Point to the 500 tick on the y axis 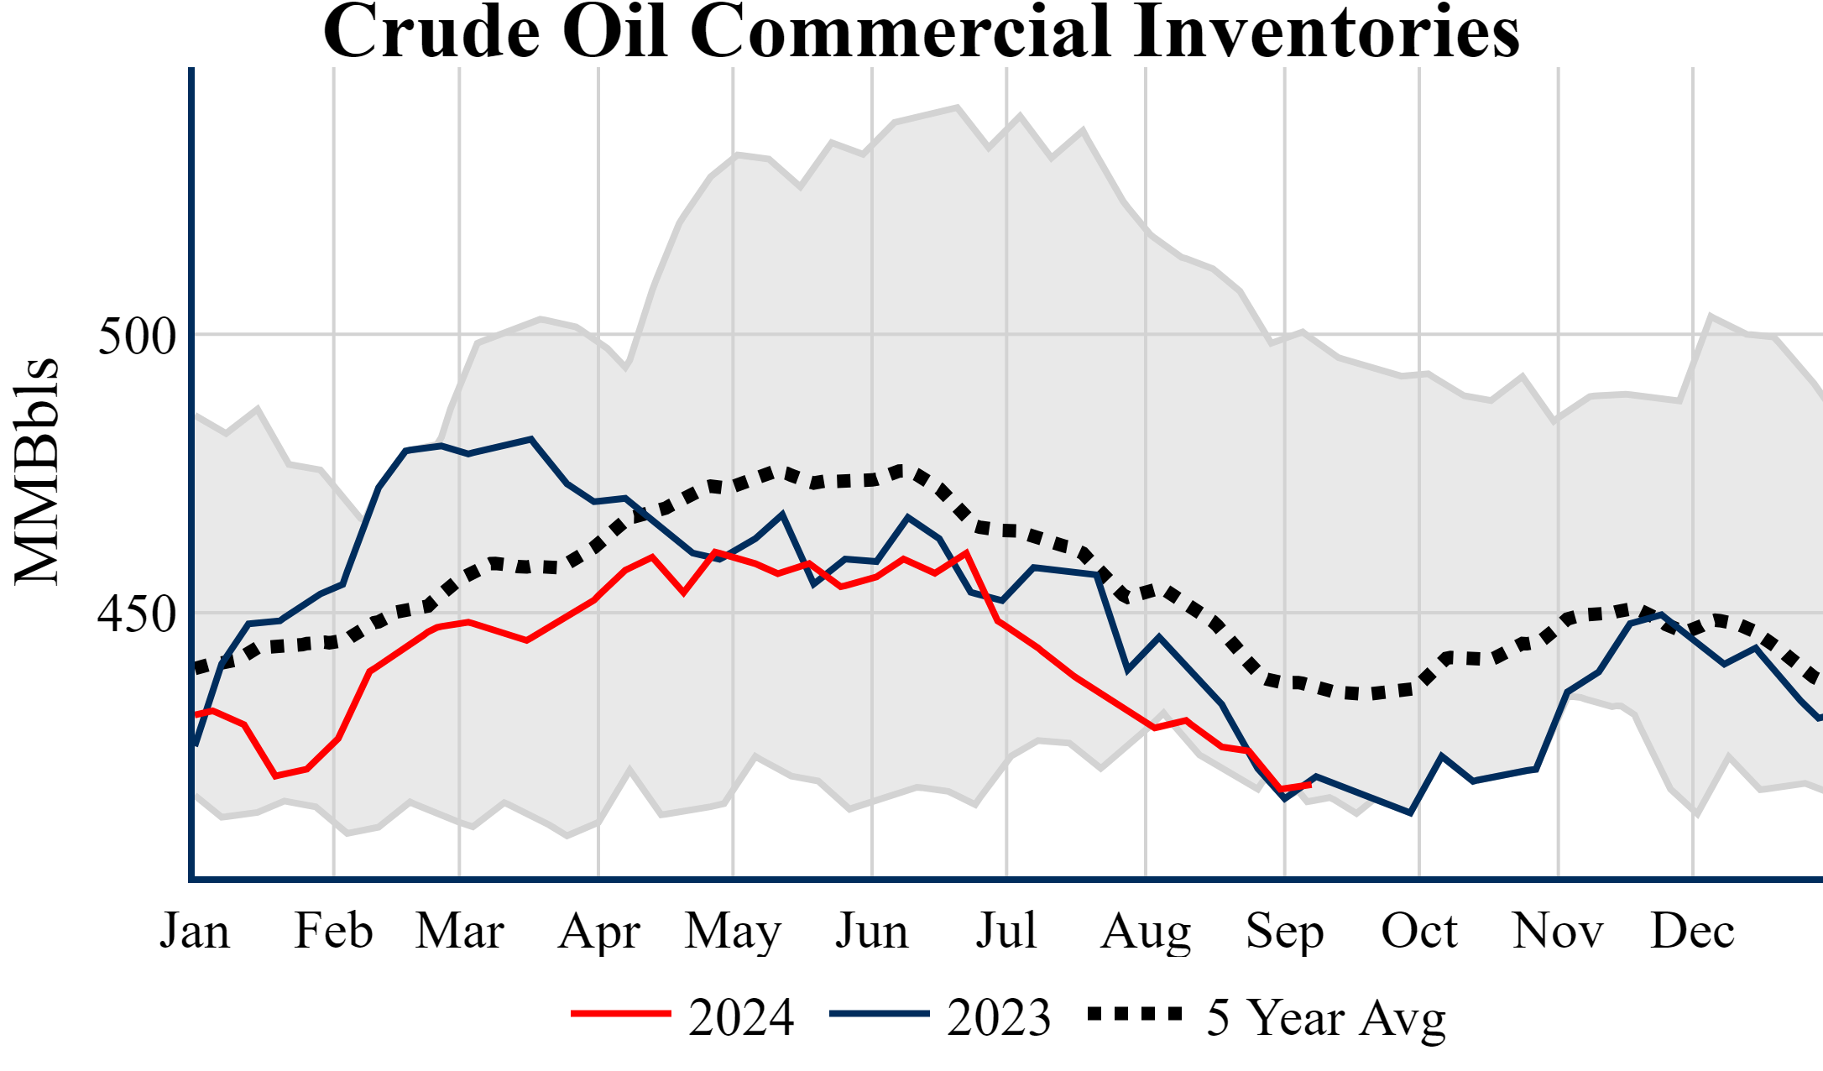[x=138, y=337]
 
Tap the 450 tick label [x=138, y=614]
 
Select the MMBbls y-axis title [x=37, y=472]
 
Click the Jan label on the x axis [x=195, y=931]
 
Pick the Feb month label [x=333, y=931]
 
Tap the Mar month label [x=460, y=931]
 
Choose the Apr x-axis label [x=598, y=933]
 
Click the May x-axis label [x=733, y=933]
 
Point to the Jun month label [x=872, y=931]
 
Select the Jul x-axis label [x=1006, y=931]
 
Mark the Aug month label [x=1146, y=933]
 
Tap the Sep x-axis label [x=1284, y=933]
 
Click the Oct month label [x=1419, y=931]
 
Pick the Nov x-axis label [x=1558, y=931]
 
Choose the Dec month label [x=1692, y=931]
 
